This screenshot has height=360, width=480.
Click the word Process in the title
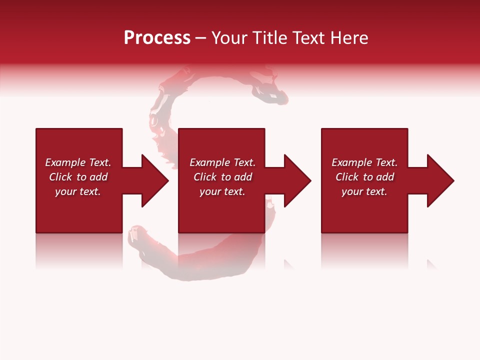point(157,38)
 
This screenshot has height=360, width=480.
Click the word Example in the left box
point(65,162)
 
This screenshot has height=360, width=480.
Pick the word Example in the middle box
point(209,162)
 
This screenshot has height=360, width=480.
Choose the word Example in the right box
point(351,162)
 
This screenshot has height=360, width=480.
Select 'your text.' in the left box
point(78,191)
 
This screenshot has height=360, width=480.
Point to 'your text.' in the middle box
point(222,191)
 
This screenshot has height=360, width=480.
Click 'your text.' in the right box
point(364,191)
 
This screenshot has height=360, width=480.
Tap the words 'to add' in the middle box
point(236,177)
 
